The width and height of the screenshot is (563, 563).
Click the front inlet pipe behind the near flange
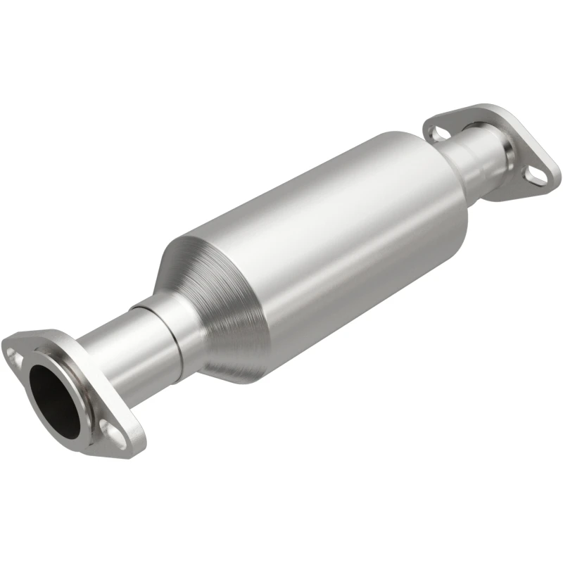(x=113, y=359)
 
